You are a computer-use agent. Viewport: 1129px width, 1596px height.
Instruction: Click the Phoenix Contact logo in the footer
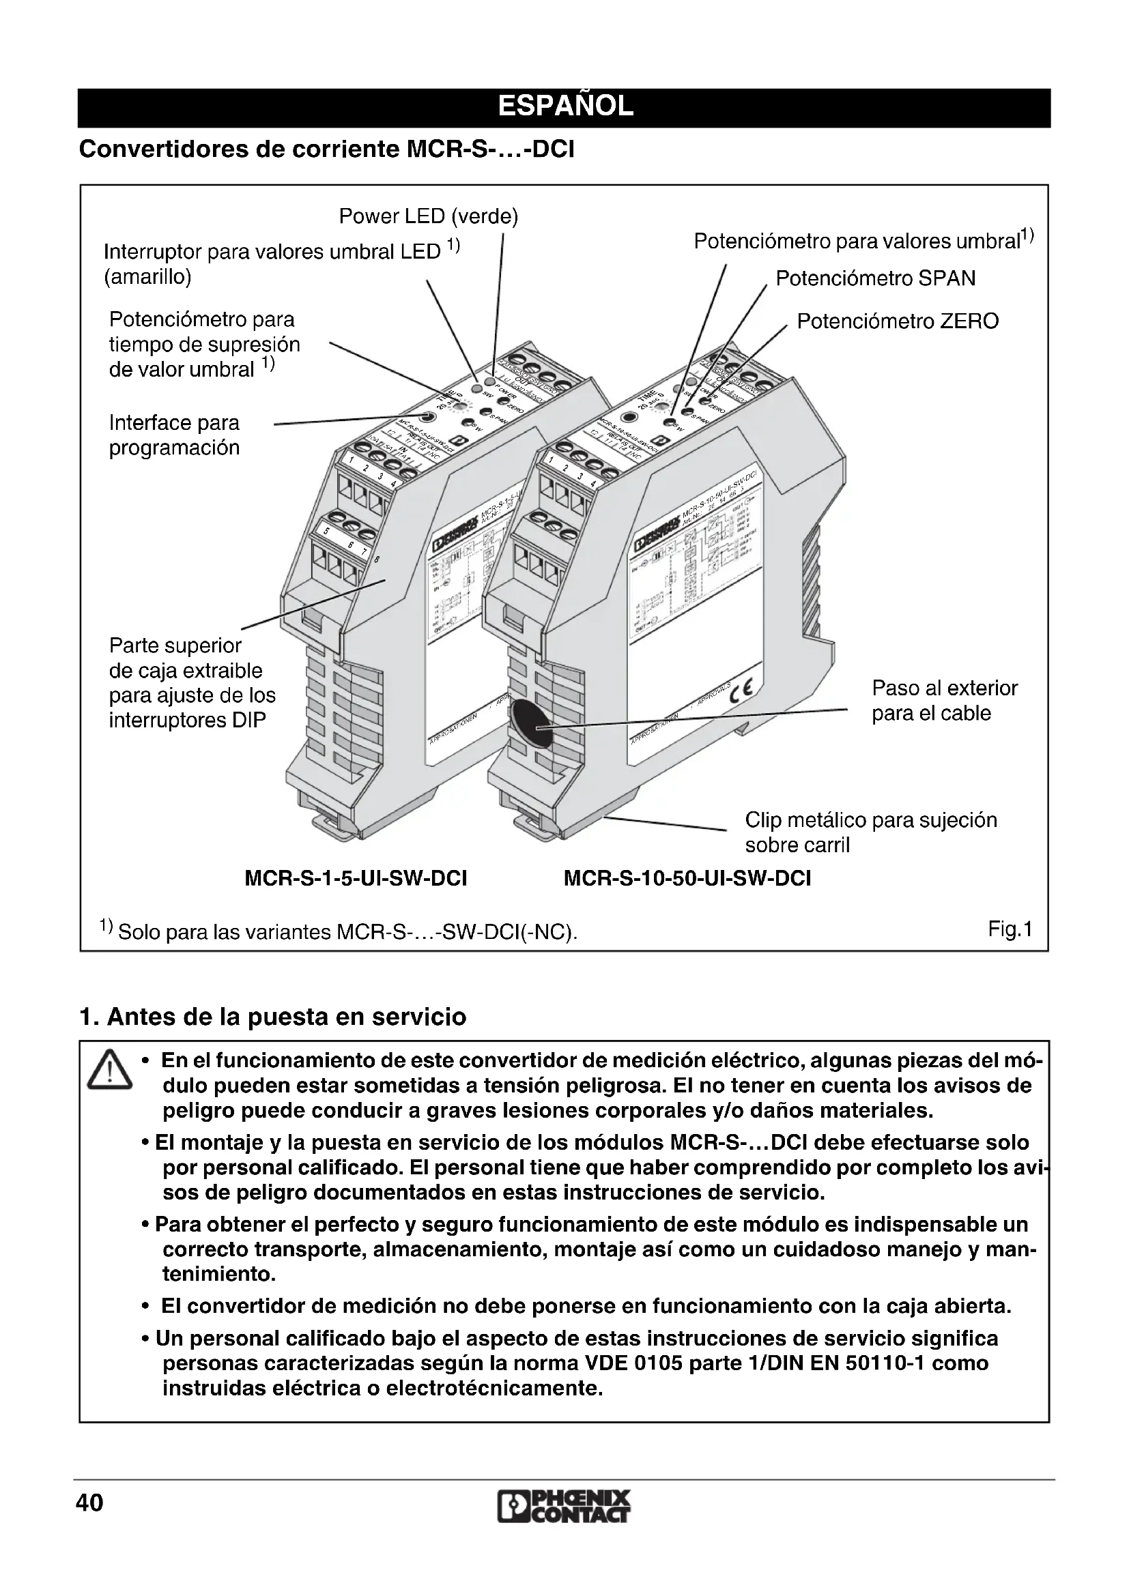[x=564, y=1507]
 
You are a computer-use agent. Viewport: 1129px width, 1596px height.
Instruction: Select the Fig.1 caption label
[x=1010, y=929]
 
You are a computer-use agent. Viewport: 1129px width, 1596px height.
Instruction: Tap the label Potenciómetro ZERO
[x=897, y=321]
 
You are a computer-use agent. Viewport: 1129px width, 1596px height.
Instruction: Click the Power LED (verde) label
[x=428, y=217]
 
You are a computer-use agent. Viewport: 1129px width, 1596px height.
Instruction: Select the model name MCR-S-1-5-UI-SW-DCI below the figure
[x=356, y=879]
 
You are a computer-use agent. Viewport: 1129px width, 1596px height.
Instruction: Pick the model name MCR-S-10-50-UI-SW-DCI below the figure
[x=687, y=879]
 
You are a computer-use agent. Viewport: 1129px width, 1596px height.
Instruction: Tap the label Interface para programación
[x=175, y=435]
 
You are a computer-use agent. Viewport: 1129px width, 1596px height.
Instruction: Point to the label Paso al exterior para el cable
[x=944, y=701]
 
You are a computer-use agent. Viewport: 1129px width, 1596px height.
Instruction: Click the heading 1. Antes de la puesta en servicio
[x=272, y=1017]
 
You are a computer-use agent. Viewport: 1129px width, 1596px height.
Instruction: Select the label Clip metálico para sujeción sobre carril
[x=870, y=832]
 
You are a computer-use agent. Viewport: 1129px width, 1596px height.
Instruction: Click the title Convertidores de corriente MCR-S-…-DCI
[x=327, y=149]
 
